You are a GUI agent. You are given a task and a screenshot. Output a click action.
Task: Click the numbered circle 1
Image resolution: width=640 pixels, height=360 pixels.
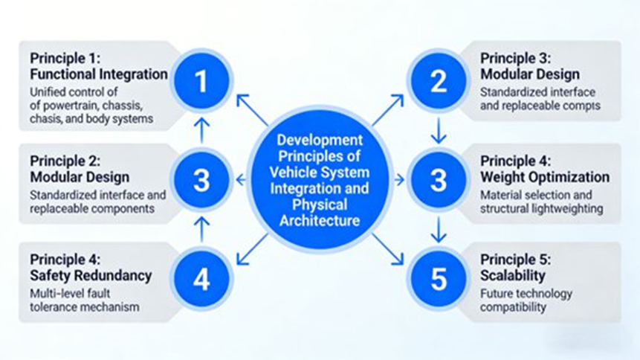coord(201,81)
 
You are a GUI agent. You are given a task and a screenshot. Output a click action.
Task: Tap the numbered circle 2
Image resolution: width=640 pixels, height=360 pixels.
coord(439,81)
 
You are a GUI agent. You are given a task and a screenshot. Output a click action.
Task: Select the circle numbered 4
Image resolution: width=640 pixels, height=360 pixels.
coord(201,279)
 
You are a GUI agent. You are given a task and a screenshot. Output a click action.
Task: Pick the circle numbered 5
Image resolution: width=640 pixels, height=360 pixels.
coord(439,279)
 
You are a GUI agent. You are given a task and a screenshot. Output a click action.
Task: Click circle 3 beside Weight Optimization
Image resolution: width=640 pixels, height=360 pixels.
coord(439,179)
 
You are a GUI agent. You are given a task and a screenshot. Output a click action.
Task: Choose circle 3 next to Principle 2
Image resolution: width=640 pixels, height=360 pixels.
coord(201,179)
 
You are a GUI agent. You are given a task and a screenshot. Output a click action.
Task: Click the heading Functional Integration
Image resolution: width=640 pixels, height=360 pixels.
coord(99,74)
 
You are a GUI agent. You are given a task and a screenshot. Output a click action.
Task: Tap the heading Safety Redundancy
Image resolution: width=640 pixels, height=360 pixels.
coord(91,275)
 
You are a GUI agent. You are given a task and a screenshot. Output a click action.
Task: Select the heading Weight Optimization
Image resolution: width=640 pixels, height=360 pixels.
coord(545,177)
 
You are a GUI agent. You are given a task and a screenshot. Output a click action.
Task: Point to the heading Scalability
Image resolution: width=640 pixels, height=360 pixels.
coord(513,275)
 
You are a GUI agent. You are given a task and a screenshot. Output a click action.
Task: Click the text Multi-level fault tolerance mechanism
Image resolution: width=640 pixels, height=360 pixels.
coord(84,300)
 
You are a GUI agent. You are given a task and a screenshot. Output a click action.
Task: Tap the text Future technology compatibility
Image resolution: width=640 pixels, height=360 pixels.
coord(526,300)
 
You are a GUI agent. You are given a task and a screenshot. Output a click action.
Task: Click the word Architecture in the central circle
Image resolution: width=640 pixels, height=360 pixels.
coord(320,220)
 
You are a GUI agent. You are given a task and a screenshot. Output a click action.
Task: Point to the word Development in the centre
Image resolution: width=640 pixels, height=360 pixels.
coord(320,140)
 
